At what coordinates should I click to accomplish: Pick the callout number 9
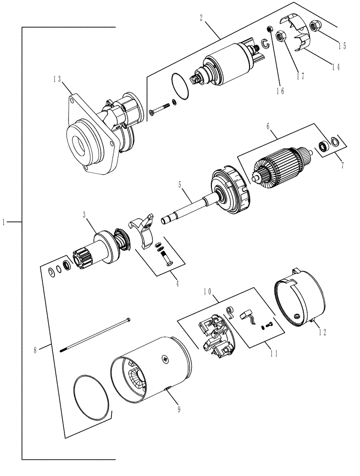tap(179, 408)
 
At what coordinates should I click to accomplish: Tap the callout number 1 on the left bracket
tap(4, 222)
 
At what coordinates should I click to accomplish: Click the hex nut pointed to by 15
tap(315, 27)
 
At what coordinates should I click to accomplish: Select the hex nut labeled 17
tap(281, 36)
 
